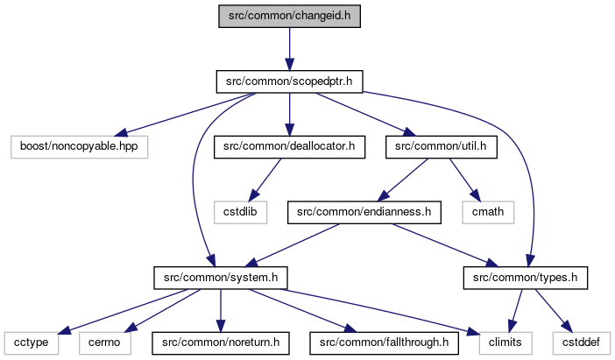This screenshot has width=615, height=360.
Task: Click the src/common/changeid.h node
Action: pyautogui.click(x=289, y=16)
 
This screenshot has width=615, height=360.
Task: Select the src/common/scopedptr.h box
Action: pyautogui.click(x=289, y=81)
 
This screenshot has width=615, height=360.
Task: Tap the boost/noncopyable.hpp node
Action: pyautogui.click(x=79, y=147)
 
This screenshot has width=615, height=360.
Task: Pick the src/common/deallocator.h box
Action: pyautogui.click(x=289, y=147)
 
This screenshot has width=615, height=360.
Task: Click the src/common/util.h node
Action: pyautogui.click(x=442, y=147)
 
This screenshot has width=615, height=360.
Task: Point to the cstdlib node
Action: pyautogui.click(x=240, y=213)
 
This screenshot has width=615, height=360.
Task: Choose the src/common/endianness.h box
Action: pyautogui.click(x=364, y=213)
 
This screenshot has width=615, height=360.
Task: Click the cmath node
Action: pyautogui.click(x=488, y=213)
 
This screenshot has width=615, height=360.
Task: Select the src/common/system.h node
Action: pyautogui.click(x=221, y=278)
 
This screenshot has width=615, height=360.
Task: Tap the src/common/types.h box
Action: pyautogui.click(x=525, y=278)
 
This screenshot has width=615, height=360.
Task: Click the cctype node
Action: pyautogui.click(x=32, y=343)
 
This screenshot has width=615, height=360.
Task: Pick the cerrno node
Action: pyautogui.click(x=105, y=343)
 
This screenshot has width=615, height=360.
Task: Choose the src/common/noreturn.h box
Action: pyautogui.click(x=221, y=343)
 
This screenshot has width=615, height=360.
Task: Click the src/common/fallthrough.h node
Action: pyautogui.click(x=384, y=343)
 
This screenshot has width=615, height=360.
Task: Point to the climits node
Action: pyautogui.click(x=505, y=343)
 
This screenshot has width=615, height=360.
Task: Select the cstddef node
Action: pyautogui.click(x=581, y=343)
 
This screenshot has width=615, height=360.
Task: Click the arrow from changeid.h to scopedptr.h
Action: pyautogui.click(x=289, y=49)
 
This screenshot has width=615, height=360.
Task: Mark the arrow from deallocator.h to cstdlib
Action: pyautogui.click(x=265, y=180)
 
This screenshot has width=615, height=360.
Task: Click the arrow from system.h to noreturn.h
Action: pyautogui.click(x=221, y=311)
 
